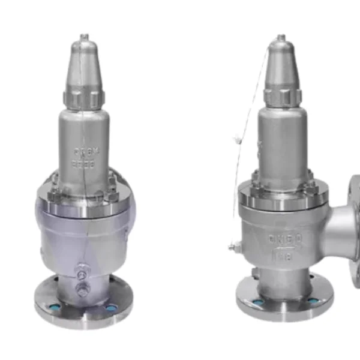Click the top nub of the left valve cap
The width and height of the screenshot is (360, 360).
[x=85, y=37]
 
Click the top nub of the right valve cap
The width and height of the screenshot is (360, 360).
[x=280, y=38]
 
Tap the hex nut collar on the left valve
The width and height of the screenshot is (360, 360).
[x=85, y=98]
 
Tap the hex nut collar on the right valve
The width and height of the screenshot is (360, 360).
[x=281, y=95]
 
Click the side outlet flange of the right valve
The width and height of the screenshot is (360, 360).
[x=353, y=222]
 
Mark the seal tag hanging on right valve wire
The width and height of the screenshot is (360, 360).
[x=238, y=142]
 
